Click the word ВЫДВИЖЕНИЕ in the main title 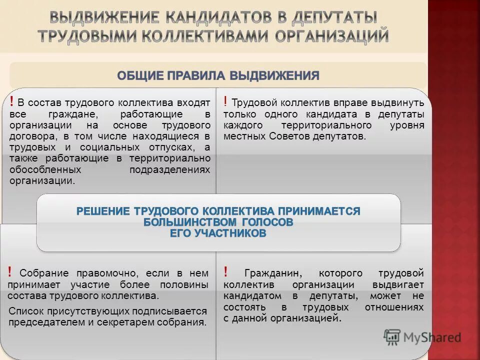[103, 18]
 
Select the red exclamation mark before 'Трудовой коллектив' [226, 102]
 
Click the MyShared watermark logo [422, 337]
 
